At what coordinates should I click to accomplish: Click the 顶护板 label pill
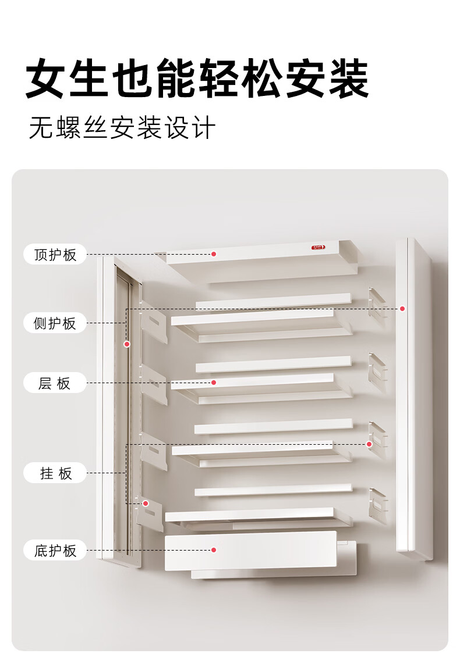coord(55,254)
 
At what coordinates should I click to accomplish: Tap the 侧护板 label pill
coord(55,323)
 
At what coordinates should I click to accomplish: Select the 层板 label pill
coord(55,383)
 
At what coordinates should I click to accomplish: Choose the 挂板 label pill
coord(55,473)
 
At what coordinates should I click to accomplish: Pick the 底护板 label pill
coord(55,551)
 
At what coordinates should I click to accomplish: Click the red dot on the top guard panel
coord(214,254)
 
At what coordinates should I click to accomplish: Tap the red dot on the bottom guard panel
coord(214,550)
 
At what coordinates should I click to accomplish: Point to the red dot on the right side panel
coord(402,309)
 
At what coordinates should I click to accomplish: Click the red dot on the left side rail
coord(127,344)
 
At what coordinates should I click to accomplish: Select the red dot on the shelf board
coord(214,383)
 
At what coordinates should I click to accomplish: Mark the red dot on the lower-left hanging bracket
coord(146,503)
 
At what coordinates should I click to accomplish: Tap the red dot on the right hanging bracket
coord(370,444)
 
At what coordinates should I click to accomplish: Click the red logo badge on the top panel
coord(318,247)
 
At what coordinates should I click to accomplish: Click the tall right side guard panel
coord(413,398)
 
